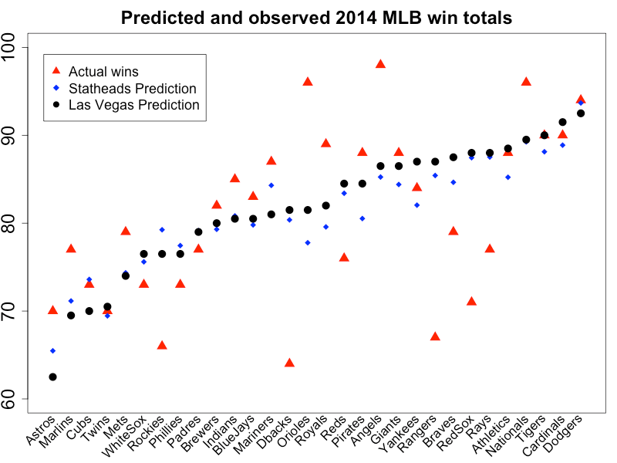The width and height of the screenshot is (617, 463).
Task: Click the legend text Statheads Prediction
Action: point(132,89)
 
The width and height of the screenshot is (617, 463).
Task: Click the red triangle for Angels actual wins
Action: point(380,64)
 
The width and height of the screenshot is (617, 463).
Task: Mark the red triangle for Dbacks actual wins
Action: point(289,363)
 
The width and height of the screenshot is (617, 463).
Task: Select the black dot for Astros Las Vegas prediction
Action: point(52,377)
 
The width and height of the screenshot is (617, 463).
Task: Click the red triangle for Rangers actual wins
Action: point(435,336)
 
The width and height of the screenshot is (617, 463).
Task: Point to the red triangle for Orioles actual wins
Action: point(308,82)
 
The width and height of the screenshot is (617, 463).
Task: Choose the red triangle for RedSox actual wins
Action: point(471,301)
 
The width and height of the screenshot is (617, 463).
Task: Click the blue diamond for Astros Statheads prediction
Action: point(52,351)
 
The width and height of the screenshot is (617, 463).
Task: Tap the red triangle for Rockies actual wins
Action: point(162,345)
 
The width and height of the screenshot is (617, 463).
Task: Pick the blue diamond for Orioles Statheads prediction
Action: point(308,242)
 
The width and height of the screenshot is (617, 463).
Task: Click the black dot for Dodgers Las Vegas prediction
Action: point(581,113)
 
